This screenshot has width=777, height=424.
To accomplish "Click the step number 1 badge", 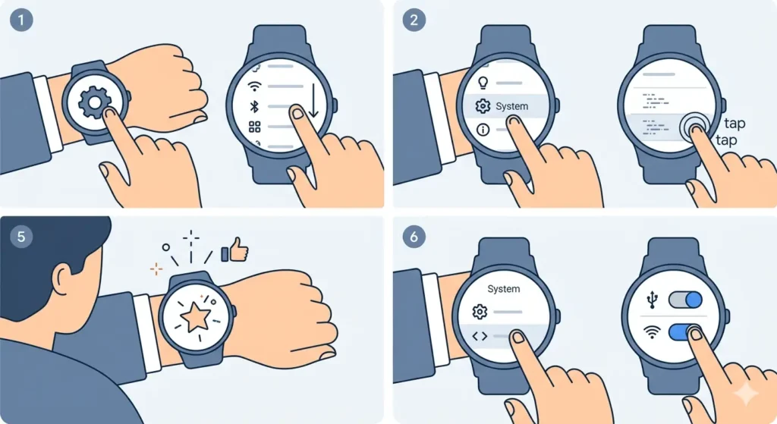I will (x=22, y=20).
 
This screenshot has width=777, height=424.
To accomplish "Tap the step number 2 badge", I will (x=414, y=20).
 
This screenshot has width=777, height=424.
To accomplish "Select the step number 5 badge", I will (x=22, y=236).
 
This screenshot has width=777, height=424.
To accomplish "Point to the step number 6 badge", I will (x=414, y=236).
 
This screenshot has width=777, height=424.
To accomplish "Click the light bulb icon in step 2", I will (x=483, y=81).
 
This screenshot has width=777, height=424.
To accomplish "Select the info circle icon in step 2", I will (x=483, y=130).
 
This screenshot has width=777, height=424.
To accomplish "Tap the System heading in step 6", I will (x=504, y=288).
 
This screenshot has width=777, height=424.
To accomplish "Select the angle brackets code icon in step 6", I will (x=479, y=334).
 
